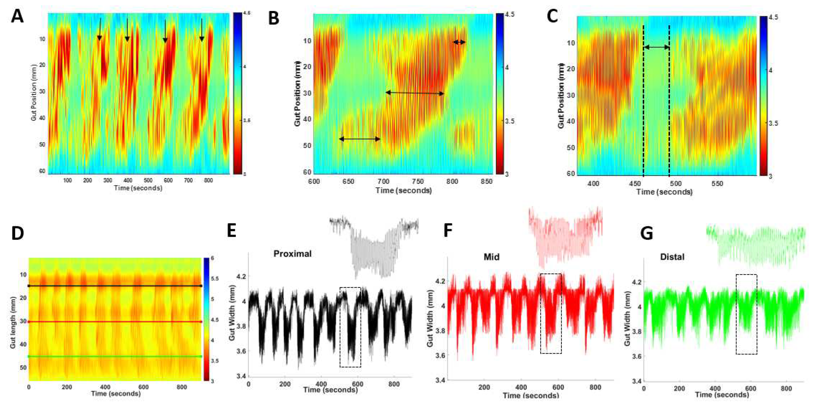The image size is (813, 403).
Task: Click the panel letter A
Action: (x=17, y=17)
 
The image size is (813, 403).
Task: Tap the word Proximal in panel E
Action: (x=292, y=254)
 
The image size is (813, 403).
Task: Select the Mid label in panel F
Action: (x=491, y=257)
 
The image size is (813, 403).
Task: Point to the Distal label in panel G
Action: (x=672, y=257)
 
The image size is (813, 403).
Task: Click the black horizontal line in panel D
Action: (x=115, y=286)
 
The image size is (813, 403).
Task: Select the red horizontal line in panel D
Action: (x=115, y=322)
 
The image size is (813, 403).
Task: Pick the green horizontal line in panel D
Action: (x=115, y=357)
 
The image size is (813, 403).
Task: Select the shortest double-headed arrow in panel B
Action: (x=460, y=42)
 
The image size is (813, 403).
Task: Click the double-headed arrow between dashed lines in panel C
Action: (x=657, y=47)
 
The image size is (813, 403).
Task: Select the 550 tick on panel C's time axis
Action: (x=717, y=184)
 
